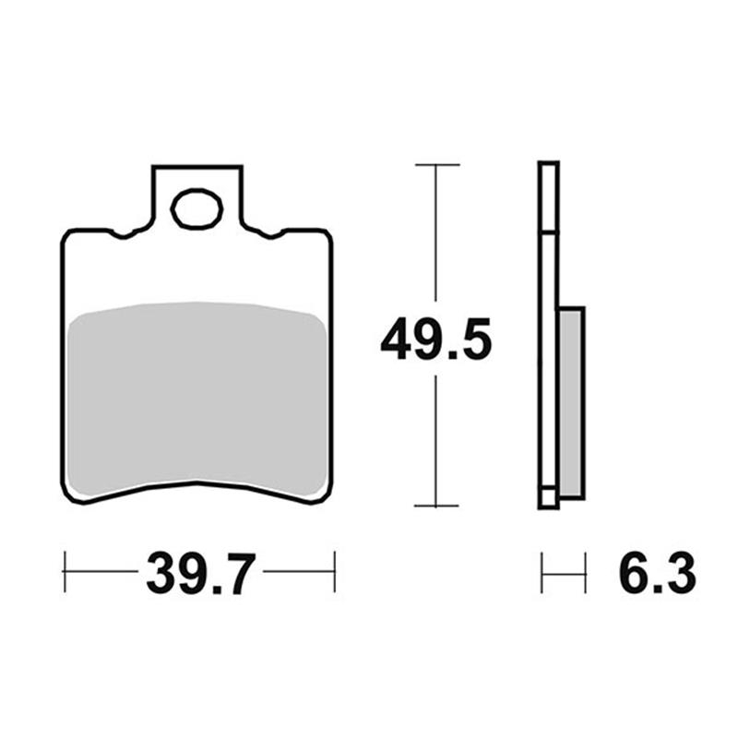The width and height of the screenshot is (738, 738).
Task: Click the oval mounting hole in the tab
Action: (x=196, y=208)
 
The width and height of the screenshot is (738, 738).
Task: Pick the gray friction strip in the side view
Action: (x=572, y=402)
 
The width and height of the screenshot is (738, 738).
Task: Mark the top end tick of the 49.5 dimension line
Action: (x=436, y=165)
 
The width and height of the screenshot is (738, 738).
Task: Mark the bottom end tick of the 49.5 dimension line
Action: (x=436, y=506)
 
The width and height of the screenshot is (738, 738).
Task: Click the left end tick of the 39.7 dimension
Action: (x=65, y=572)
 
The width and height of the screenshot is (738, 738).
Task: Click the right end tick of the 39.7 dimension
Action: (x=334, y=572)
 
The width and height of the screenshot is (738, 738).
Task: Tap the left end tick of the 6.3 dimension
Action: (x=542, y=573)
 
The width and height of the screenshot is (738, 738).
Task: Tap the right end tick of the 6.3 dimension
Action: (x=585, y=573)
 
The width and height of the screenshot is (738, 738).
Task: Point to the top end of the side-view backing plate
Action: (x=548, y=165)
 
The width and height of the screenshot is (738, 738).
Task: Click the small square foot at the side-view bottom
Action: (x=548, y=498)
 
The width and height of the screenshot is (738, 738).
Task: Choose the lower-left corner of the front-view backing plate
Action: (x=70, y=494)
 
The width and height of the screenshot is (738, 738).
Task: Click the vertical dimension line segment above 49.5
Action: (x=436, y=240)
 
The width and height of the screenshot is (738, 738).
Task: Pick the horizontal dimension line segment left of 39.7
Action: (x=101, y=572)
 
